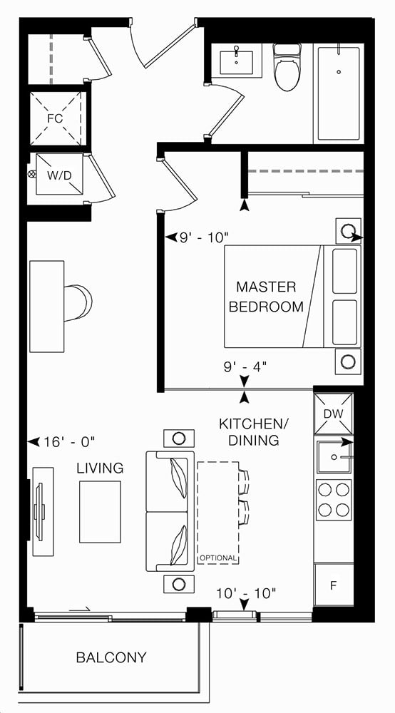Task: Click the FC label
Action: point(55,118)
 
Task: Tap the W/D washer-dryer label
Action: point(60,175)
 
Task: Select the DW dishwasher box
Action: point(333,414)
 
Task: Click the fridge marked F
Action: point(334,585)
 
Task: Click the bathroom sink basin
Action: point(237,62)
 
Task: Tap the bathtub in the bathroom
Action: point(339,93)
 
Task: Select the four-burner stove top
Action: point(334,500)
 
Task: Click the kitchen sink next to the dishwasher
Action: point(334,456)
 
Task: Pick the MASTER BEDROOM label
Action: point(266,297)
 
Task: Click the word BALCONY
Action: point(111,657)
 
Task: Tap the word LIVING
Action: point(100,468)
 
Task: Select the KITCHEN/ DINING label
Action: point(254,432)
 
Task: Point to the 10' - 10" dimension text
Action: point(247,593)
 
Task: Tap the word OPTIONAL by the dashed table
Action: point(218,558)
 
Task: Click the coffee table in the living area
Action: point(100,511)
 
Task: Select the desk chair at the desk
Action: point(78,303)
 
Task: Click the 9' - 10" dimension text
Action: point(203,237)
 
